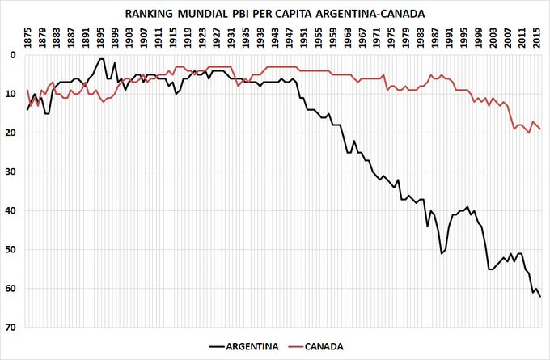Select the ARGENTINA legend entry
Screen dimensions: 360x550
pyautogui.click(x=243, y=346)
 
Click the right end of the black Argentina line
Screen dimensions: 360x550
pyautogui.click(x=540, y=297)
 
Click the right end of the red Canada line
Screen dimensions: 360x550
pyautogui.click(x=540, y=129)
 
